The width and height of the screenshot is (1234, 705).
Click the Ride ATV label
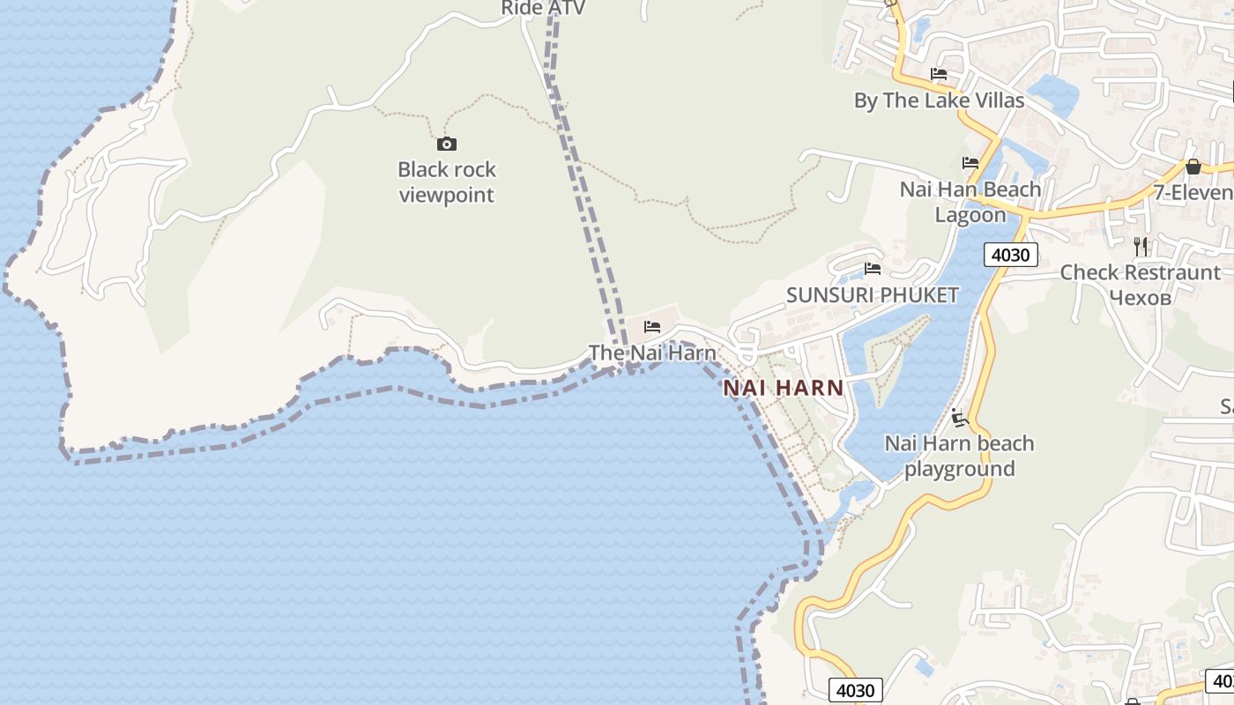[x=543, y=8]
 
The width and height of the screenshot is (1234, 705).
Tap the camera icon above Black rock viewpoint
[x=447, y=144]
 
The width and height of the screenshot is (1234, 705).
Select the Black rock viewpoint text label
[x=447, y=182]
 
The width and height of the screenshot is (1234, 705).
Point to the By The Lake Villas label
[x=939, y=100]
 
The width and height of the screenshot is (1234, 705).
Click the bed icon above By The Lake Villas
[x=939, y=74]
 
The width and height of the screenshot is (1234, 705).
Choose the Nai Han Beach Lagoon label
[x=970, y=202]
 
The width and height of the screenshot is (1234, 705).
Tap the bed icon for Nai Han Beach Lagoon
[x=970, y=163]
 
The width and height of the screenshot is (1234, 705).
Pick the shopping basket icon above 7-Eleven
[x=1193, y=167]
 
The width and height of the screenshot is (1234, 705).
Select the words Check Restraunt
[x=1140, y=272]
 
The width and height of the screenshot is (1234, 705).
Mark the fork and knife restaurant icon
[x=1141, y=246]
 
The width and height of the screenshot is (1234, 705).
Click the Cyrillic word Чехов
[x=1140, y=298]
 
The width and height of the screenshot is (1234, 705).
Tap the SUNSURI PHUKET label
[x=872, y=295]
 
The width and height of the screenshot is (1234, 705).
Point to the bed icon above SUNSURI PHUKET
[x=873, y=269]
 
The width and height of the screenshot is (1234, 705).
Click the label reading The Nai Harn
[x=652, y=352]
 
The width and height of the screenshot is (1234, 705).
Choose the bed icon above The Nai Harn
[x=652, y=327]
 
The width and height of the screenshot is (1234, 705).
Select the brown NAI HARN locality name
[x=784, y=388]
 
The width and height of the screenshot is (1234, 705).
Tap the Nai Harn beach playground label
[x=959, y=456]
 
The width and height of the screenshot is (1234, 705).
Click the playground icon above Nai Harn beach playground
[x=960, y=418]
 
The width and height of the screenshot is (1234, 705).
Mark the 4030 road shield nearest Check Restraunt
[x=1010, y=255]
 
